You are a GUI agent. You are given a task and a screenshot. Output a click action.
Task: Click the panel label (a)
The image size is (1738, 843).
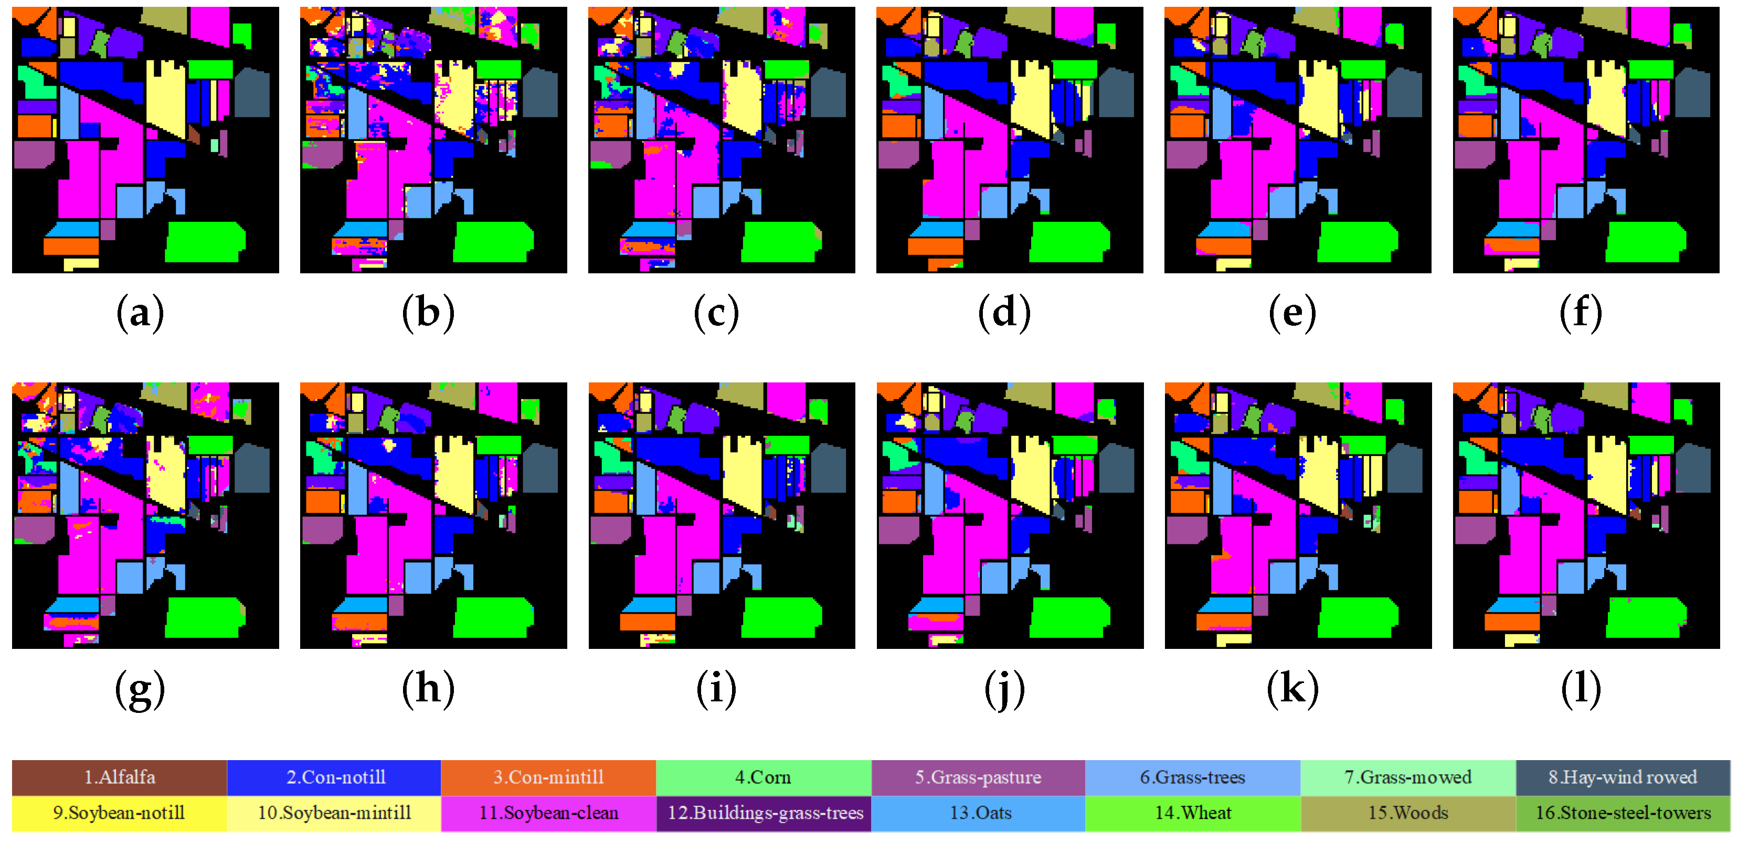point(140,314)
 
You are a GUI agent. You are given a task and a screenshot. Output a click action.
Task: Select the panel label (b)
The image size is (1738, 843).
point(428,314)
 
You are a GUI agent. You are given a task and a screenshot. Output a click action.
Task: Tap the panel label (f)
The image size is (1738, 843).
point(1580,314)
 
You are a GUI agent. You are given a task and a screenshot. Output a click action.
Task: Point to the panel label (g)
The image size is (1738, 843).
point(140,689)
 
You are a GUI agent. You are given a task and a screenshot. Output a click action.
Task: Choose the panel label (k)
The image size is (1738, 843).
point(1292,689)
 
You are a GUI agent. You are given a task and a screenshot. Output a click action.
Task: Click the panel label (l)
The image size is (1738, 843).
point(1580,689)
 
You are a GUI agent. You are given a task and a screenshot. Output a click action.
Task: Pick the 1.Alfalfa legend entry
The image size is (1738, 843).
point(120,777)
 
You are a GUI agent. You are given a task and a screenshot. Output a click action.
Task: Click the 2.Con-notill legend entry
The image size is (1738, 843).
point(335,777)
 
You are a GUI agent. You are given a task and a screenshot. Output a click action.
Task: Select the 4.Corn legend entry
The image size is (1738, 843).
point(763,777)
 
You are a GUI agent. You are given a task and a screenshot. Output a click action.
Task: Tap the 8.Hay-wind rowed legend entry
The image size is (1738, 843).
point(1622,777)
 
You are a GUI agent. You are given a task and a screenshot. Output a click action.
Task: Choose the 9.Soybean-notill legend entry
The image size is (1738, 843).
point(120,813)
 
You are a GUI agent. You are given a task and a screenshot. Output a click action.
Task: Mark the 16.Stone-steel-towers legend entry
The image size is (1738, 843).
point(1622,813)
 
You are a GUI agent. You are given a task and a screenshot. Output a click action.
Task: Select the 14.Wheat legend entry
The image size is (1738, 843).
point(1193,813)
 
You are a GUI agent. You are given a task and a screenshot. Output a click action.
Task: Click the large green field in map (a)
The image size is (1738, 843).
point(205,241)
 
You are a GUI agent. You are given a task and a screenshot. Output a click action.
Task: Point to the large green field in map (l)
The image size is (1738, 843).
point(1645,617)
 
